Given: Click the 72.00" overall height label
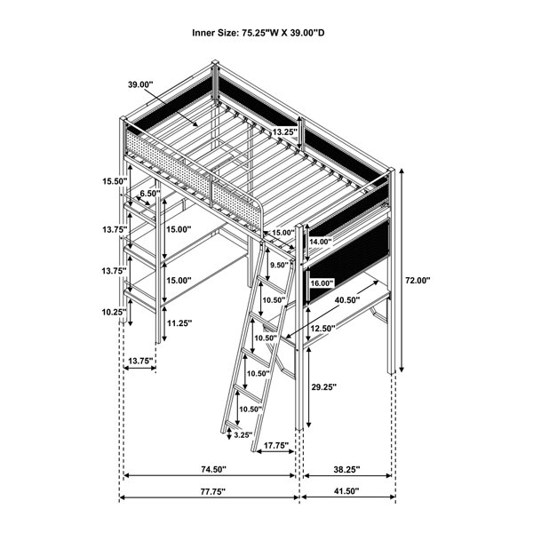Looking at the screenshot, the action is coord(418,281).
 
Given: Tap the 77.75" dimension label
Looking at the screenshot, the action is coord(213,491).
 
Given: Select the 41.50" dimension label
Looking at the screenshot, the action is coord(346,491).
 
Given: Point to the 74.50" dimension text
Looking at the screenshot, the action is coord(213,469).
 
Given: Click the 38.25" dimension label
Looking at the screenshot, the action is coord(346,469).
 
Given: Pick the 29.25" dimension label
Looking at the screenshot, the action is coord(324,386).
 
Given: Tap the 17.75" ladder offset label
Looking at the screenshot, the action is coord(276,445).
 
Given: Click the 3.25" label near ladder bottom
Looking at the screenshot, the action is coord(243,434).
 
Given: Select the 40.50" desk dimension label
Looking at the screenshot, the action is coord(347,300).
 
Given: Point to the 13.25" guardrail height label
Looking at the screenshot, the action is coord(285,132).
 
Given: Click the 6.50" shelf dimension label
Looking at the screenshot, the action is coord(150,194).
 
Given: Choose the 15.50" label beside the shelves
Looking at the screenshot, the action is coord(115,181).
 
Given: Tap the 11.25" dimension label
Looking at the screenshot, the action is coord(179,323).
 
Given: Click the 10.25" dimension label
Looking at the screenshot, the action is coord(115,312).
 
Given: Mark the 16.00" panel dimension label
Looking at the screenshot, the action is coord(322,283).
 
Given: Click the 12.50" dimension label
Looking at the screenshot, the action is coord(322,328).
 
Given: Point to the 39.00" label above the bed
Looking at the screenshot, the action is coord(140,84).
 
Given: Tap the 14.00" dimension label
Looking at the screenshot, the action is coord(320,242).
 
